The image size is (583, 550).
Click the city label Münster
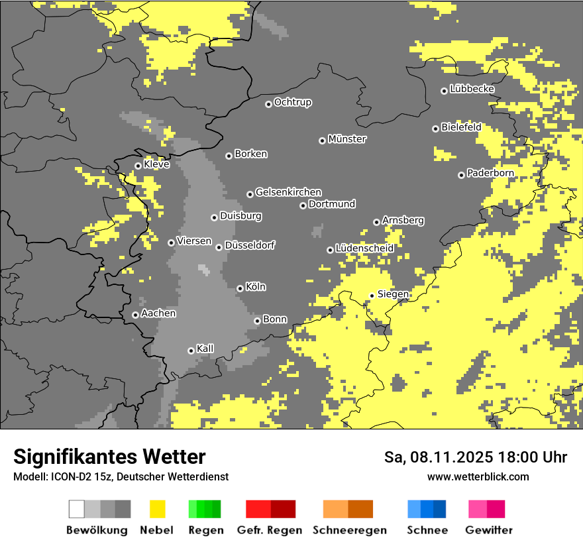pos(347,139)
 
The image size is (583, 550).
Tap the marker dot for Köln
pos(240,288)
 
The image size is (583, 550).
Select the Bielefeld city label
pos(461,127)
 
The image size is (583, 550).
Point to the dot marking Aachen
pos(135,315)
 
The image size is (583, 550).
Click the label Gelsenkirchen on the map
pos(288,192)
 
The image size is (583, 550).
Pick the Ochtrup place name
pos(292,102)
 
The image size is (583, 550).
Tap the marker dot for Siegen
pos(372,296)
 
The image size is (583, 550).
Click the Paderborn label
pos(490,173)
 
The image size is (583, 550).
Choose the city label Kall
pos(205,349)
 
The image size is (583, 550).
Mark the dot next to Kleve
pos(138,166)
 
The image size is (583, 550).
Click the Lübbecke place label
pos(472,89)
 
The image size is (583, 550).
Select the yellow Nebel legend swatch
pos(157,509)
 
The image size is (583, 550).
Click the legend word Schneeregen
pos(350,530)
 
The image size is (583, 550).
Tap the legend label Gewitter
pos(488,530)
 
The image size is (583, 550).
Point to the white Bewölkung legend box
pos(77,509)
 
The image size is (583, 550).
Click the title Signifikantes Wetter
pos(109,457)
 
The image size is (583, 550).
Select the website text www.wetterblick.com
pos(478,476)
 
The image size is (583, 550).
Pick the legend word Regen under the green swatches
pos(205,530)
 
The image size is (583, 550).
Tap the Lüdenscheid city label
pos(364,248)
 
